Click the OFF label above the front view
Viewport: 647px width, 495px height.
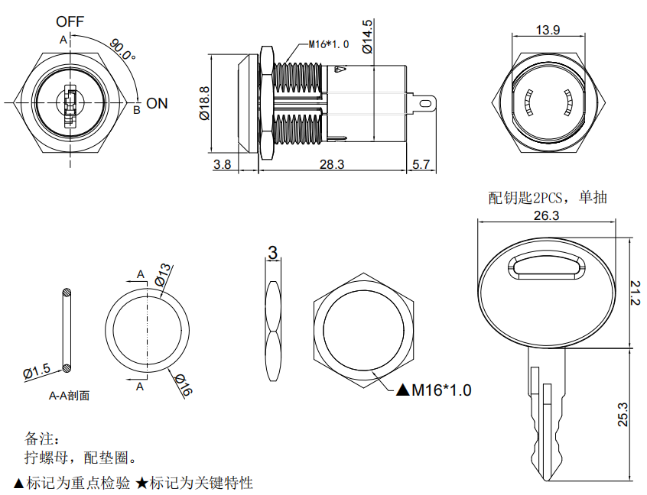pyautogui.click(x=70, y=21)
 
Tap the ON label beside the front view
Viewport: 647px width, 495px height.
pyautogui.click(x=157, y=103)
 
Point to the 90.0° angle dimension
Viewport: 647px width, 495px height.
pyautogui.click(x=121, y=49)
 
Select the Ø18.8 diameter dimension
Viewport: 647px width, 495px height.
pyautogui.click(x=204, y=103)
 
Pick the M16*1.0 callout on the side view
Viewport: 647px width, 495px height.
pyautogui.click(x=328, y=44)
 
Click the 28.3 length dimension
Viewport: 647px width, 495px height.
pyautogui.click(x=332, y=164)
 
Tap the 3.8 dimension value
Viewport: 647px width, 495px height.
pyautogui.click(x=222, y=164)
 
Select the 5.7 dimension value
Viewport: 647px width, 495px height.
pyautogui.click(x=421, y=164)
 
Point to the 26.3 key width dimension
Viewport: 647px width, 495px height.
pyautogui.click(x=546, y=216)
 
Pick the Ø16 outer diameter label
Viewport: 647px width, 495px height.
pyautogui.click(x=184, y=385)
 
